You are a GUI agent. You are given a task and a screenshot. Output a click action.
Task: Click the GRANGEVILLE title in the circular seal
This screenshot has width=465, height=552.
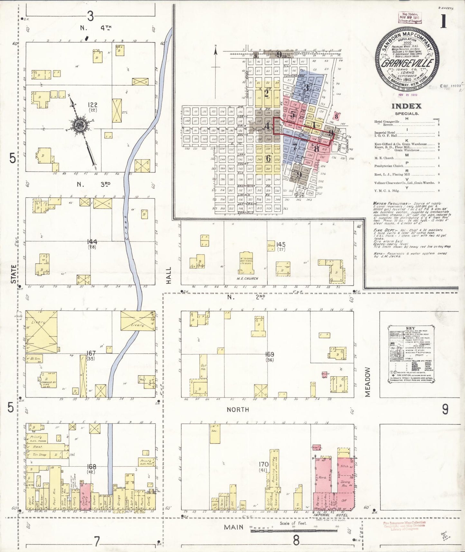pyautogui.click(x=407, y=63)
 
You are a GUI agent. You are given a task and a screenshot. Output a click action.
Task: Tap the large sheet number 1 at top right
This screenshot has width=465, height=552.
pyautogui.click(x=443, y=22)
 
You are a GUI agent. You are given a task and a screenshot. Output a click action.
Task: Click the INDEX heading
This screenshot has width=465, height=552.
pyautogui.click(x=406, y=106)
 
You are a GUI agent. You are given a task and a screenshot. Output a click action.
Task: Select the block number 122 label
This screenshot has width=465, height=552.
pyautogui.click(x=93, y=105)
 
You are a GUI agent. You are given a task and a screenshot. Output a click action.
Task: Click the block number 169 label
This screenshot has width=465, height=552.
pyautogui.click(x=269, y=354)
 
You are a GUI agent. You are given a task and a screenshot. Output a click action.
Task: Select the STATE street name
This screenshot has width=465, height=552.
pyautogui.click(x=14, y=274)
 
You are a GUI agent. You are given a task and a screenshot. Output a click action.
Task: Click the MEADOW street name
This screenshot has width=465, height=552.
pyautogui.click(x=368, y=382)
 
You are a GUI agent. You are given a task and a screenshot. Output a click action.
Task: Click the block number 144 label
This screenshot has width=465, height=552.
pyautogui.click(x=93, y=242)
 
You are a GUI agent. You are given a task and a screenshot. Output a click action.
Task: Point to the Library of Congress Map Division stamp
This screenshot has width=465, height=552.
pyautogui.click(x=410, y=17)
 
